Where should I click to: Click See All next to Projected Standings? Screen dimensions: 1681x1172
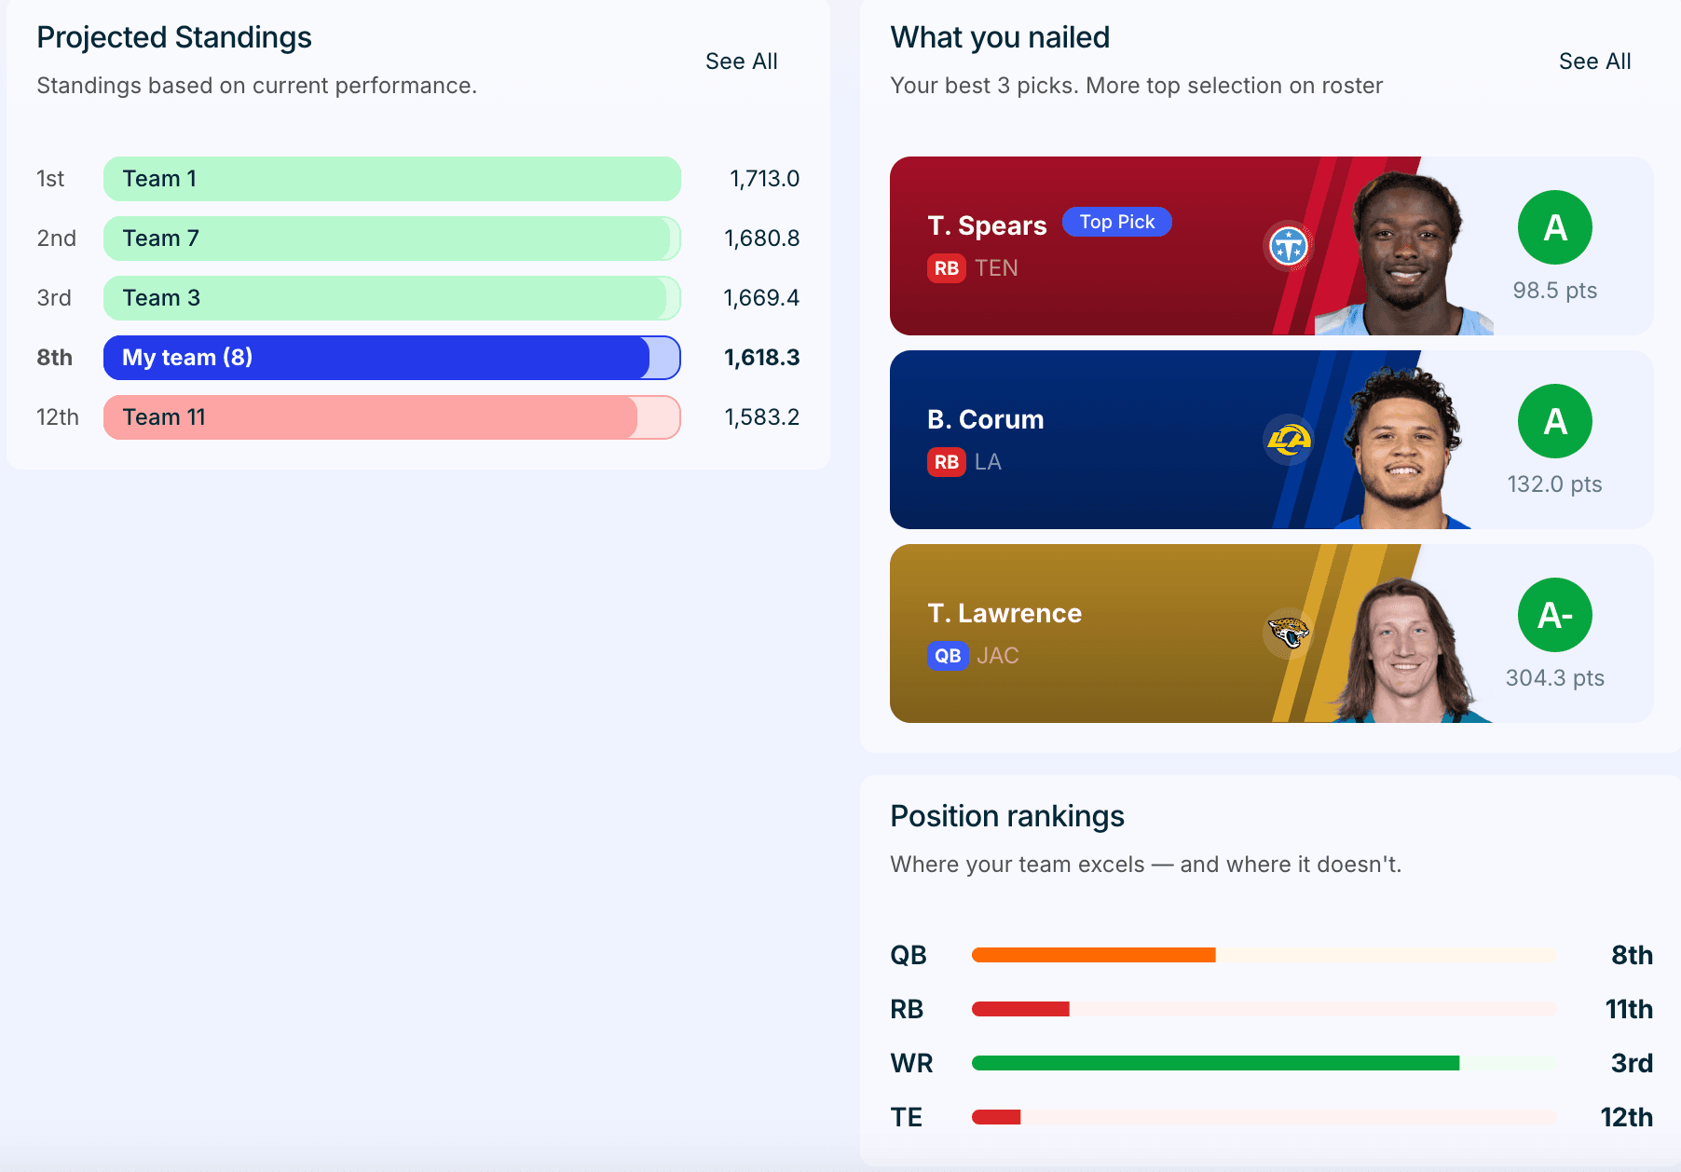[741, 61]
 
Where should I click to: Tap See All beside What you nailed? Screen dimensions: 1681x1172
[1594, 61]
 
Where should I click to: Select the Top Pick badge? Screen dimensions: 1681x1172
[1116, 222]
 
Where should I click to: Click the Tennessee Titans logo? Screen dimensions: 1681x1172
[1289, 246]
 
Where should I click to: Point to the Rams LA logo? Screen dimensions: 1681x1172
[1289, 440]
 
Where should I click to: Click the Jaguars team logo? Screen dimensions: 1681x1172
[1289, 634]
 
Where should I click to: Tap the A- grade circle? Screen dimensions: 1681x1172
[1555, 615]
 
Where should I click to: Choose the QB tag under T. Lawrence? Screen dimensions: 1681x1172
[948, 656]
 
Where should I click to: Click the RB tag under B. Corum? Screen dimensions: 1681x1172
[947, 462]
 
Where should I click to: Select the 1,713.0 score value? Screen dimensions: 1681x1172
[764, 179]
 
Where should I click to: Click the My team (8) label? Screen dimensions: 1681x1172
[187, 358]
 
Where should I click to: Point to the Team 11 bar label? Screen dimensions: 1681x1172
[164, 417]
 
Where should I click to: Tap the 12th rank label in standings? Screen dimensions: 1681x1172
[58, 417]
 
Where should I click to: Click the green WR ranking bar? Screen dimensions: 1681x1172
[1215, 1063]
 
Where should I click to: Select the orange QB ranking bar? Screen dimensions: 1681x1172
[1094, 955]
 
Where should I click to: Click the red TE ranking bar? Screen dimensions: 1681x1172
[996, 1117]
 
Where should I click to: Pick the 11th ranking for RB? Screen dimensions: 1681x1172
[1629, 1009]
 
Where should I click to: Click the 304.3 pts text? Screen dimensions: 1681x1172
[1555, 678]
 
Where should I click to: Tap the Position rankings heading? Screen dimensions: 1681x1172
[1007, 816]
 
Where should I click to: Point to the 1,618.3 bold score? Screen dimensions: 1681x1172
[762, 358]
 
